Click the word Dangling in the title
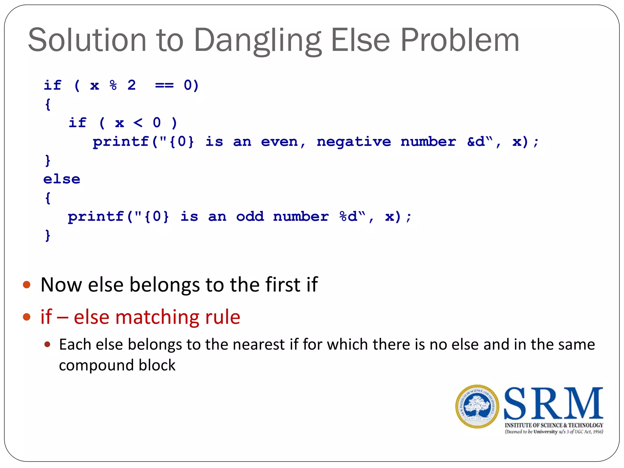pyautogui.click(x=257, y=41)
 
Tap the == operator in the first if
pyautogui.click(x=164, y=85)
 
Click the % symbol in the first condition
pyautogui.click(x=113, y=85)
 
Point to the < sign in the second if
pyautogui.click(x=138, y=123)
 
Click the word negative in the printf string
pyautogui.click(x=353, y=142)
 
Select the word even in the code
pyautogui.click(x=279, y=142)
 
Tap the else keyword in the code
pyautogui.click(x=62, y=179)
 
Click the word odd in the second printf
pyautogui.click(x=250, y=217)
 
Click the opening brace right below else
pyautogui.click(x=48, y=198)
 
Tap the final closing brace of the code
pyautogui.click(x=48, y=236)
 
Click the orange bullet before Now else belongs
pyautogui.click(x=27, y=285)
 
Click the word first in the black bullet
pyautogui.click(x=283, y=285)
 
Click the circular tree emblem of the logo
pyautogui.click(x=477, y=406)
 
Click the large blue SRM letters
pyautogui.click(x=553, y=403)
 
